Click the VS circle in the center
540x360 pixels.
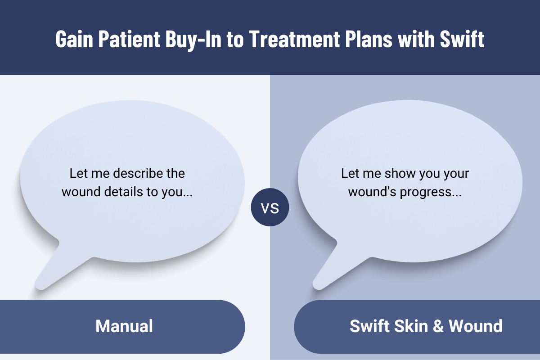coord(270,208)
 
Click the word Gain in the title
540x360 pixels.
coord(71,40)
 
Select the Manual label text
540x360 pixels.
coord(124,326)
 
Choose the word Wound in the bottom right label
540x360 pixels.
coord(476,326)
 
